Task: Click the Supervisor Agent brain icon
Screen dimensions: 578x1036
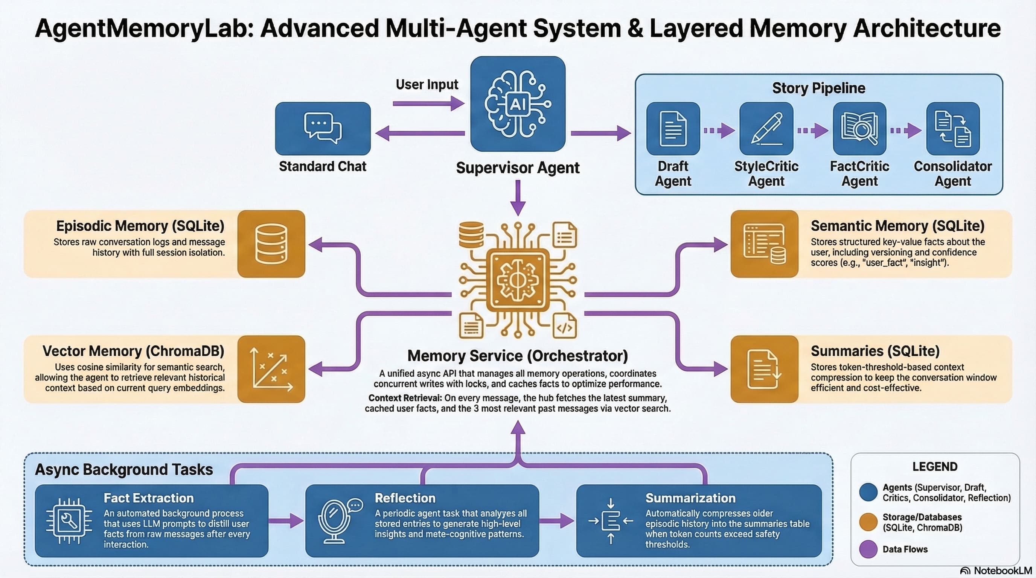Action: pyautogui.click(x=518, y=104)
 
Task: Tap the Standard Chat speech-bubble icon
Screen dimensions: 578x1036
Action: pyautogui.click(x=323, y=128)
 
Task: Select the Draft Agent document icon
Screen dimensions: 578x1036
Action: pyautogui.click(x=673, y=129)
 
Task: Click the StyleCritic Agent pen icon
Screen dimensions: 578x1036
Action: pyautogui.click(x=766, y=129)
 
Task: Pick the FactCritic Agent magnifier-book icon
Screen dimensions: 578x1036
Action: pyautogui.click(x=859, y=129)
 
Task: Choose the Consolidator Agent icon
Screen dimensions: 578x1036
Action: pyautogui.click(x=953, y=129)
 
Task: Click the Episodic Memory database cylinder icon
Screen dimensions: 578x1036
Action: pyautogui.click(x=271, y=243)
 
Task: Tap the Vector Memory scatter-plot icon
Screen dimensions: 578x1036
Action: pyautogui.click(x=271, y=369)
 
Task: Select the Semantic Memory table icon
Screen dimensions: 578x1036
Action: pyautogui.click(x=764, y=243)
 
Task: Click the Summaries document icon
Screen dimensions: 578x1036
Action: pyautogui.click(x=764, y=369)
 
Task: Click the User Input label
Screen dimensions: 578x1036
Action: pyautogui.click(x=427, y=84)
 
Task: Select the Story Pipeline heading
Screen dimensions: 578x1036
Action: pyautogui.click(x=818, y=88)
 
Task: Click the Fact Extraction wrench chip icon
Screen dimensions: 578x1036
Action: pyautogui.click(x=69, y=521)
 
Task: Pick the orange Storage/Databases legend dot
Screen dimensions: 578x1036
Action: pyautogui.click(x=868, y=522)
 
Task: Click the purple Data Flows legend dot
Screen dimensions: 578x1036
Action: pyautogui.click(x=868, y=549)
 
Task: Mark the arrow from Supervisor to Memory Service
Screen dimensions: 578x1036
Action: pyautogui.click(x=518, y=198)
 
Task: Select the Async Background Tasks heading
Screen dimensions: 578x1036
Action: pyautogui.click(x=124, y=470)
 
